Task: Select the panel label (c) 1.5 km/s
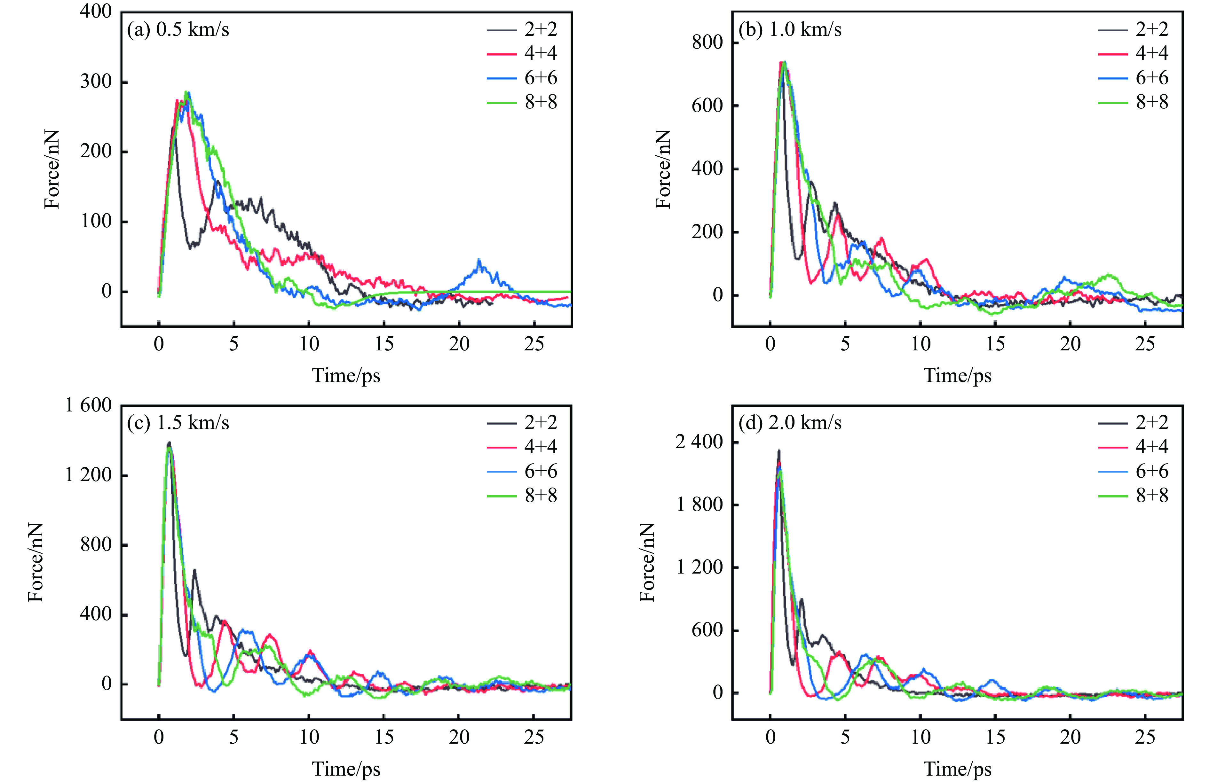pyautogui.click(x=178, y=422)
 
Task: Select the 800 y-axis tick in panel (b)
pyautogui.click(x=707, y=42)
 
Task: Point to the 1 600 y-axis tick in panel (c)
pyautogui.click(x=88, y=405)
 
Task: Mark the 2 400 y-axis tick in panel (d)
pyautogui.click(x=699, y=442)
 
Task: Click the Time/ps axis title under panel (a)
pyautogui.click(x=346, y=376)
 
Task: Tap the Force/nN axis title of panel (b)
pyautogui.click(x=663, y=169)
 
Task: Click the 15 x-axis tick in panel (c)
pyautogui.click(x=384, y=737)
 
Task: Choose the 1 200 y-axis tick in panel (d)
pyautogui.click(x=699, y=567)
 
